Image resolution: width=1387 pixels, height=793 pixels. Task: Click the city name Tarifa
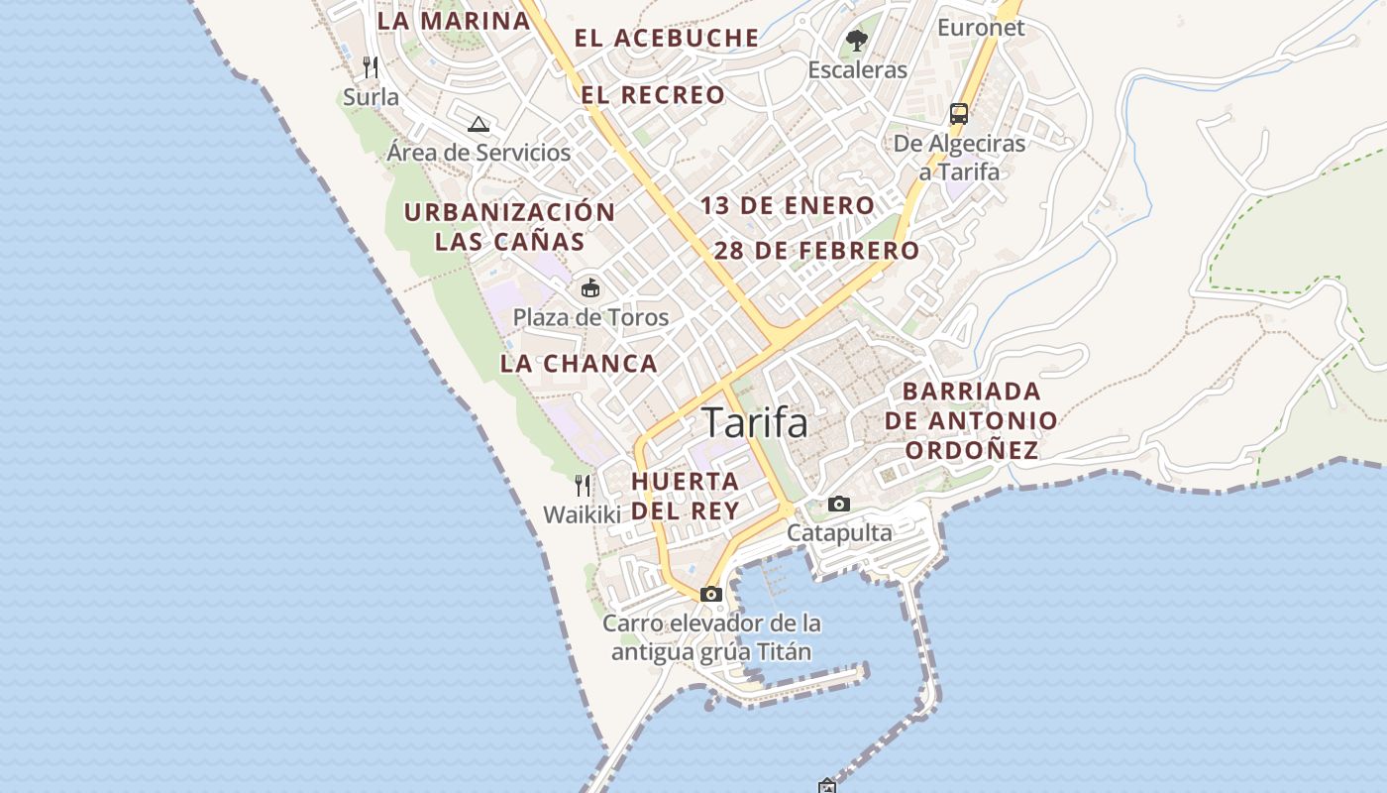pos(755,423)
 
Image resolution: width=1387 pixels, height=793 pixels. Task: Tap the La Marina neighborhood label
pos(453,20)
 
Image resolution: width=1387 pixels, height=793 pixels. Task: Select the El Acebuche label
pos(667,39)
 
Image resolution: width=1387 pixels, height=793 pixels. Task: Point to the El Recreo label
pos(653,95)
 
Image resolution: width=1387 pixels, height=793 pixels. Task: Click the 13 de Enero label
pos(788,206)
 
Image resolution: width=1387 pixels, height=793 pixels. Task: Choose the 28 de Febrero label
pos(816,251)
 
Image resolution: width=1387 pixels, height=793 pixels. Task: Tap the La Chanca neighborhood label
pos(579,364)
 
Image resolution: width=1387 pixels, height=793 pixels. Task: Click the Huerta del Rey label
pos(686,496)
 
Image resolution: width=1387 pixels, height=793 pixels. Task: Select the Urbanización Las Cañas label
pos(509,226)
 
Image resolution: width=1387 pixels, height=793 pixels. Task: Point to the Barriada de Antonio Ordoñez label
pos(971,420)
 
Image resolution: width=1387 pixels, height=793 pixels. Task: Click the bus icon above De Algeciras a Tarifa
pos(959,113)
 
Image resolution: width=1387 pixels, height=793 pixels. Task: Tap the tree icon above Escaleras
pos(857,41)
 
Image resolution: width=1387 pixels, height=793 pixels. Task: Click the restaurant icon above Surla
pos(371,67)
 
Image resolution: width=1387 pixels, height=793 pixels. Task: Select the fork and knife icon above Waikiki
pos(583,486)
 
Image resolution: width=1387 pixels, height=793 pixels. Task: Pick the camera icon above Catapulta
pos(839,505)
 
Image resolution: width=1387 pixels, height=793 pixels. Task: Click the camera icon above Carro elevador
pos(711,595)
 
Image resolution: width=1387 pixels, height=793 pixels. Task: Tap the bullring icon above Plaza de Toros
pos(590,288)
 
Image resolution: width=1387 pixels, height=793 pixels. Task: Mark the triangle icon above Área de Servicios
pos(479,124)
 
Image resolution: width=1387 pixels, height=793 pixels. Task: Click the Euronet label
pos(981,28)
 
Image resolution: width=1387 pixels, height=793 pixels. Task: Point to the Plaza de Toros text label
pos(590,318)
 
